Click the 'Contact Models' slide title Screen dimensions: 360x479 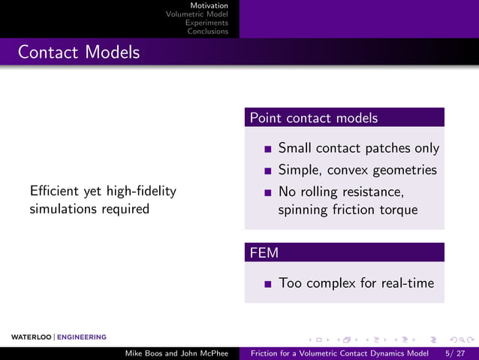pyautogui.click(x=79, y=53)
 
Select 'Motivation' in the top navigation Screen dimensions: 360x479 pyautogui.click(x=209, y=5)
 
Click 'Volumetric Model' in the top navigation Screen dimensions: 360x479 pyautogui.click(x=197, y=14)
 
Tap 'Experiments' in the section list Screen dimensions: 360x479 pyautogui.click(x=206, y=23)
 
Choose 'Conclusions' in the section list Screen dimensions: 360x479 pyautogui.click(x=207, y=32)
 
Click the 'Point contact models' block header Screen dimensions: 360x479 pyautogui.click(x=314, y=118)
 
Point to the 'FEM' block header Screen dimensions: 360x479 pyautogui.click(x=264, y=253)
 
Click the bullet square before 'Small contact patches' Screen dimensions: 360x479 pyautogui.click(x=267, y=149)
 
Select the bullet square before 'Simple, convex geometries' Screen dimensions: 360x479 pyautogui.click(x=267, y=171)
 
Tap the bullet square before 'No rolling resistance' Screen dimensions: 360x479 pyautogui.click(x=267, y=192)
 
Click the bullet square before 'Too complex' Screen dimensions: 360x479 pyautogui.click(x=267, y=284)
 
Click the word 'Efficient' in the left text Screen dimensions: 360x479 pyautogui.click(x=55, y=191)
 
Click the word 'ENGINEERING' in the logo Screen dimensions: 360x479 pyautogui.click(x=82, y=337)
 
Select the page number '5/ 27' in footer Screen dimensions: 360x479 pyautogui.click(x=455, y=352)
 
